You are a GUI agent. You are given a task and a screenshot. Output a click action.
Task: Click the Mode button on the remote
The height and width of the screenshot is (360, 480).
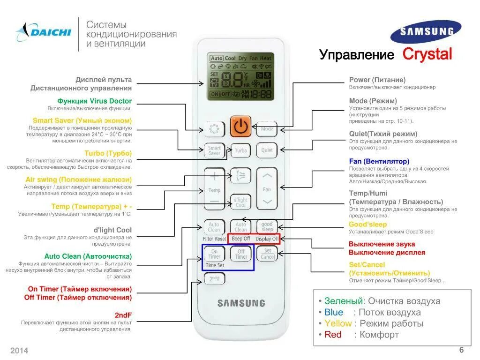point(267,129)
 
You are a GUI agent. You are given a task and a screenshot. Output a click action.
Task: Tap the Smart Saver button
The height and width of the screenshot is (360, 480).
point(214,150)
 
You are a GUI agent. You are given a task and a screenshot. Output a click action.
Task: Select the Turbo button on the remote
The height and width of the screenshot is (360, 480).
point(240,150)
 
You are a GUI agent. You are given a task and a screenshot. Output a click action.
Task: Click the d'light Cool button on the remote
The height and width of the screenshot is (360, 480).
point(240,202)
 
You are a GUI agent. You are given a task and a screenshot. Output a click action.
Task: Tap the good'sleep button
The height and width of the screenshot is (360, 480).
point(267,227)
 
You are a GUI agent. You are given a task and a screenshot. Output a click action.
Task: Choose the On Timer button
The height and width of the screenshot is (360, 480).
point(214,254)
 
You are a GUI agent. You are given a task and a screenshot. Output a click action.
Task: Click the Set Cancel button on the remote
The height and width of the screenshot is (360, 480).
point(267,254)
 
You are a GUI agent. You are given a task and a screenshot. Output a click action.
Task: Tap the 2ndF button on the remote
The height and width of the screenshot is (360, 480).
point(214,278)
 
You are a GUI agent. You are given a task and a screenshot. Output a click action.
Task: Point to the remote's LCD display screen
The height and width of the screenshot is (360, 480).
point(240,76)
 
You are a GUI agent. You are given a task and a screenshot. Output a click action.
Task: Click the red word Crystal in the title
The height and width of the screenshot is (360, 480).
point(427,54)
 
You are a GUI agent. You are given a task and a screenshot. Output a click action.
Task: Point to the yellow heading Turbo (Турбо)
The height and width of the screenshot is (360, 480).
point(108,153)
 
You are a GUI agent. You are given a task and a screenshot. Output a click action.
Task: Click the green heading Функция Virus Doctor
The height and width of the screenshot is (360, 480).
point(94,101)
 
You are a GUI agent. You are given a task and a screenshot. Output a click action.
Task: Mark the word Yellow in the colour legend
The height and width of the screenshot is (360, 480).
point(337,323)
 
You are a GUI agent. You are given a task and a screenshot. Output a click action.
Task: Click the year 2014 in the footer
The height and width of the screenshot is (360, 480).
point(19,351)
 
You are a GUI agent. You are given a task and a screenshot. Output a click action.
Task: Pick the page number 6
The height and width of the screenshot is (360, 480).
point(461,350)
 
